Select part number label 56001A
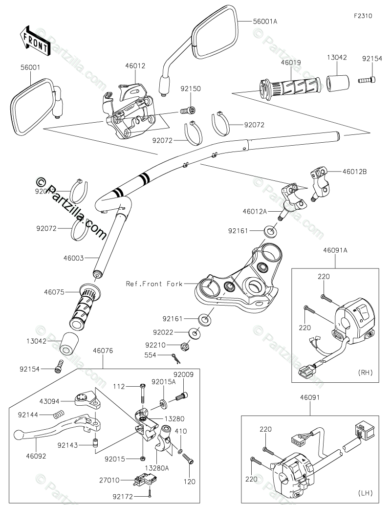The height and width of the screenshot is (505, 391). click(265, 22)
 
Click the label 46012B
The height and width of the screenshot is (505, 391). click(354, 172)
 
